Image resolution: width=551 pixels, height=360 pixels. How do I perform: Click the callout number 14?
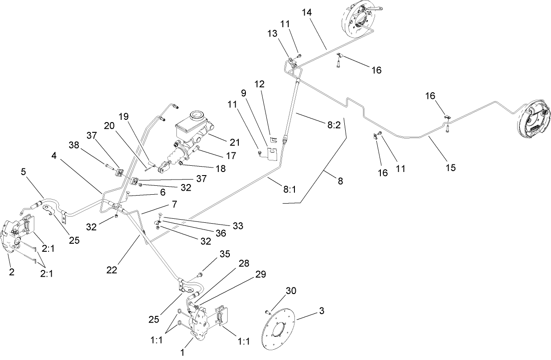(x=307, y=12)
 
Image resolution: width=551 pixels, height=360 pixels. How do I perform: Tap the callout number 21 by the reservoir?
(x=234, y=143)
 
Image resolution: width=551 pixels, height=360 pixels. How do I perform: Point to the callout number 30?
(x=290, y=291)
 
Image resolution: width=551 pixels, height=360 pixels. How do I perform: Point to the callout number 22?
(x=113, y=270)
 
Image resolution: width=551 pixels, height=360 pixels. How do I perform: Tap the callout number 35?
(x=224, y=254)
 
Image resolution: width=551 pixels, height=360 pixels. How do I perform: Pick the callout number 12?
(x=260, y=84)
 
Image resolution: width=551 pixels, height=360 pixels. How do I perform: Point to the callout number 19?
(x=123, y=117)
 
